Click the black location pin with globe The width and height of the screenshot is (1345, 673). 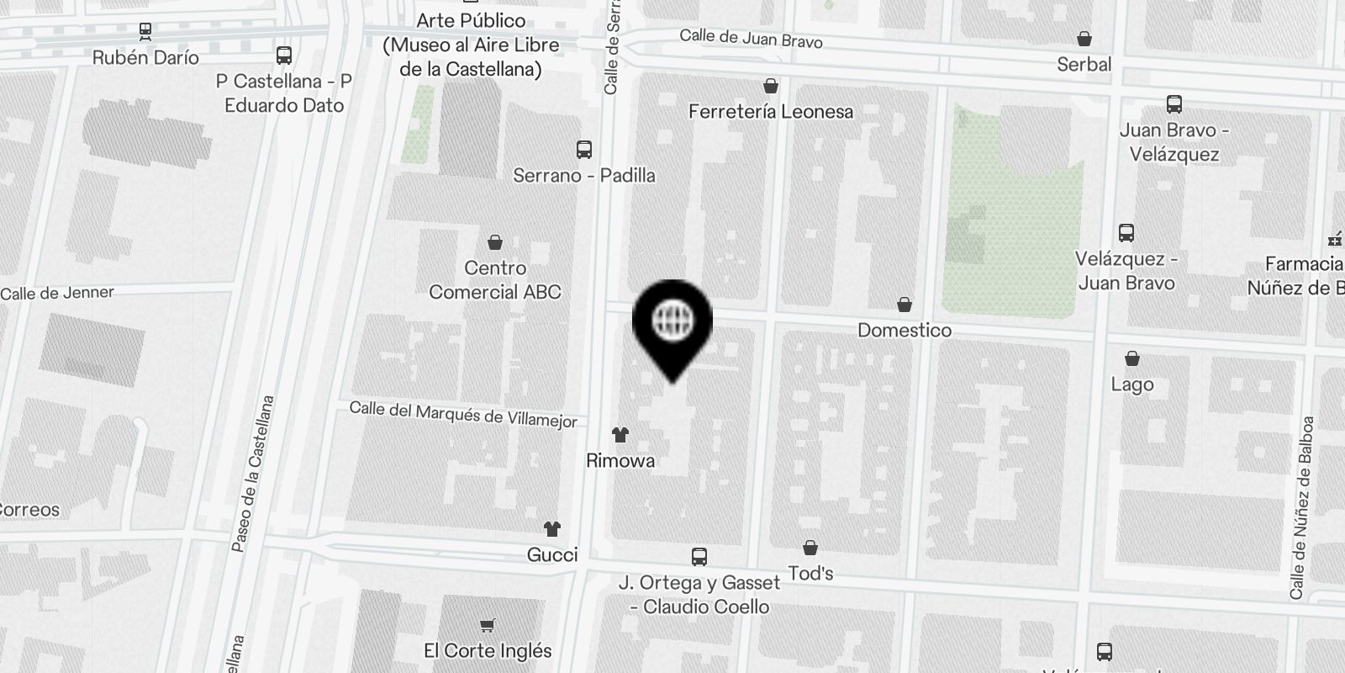[x=672, y=323]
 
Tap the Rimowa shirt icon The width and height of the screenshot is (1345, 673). [x=620, y=435]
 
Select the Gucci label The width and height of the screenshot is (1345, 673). [x=552, y=554]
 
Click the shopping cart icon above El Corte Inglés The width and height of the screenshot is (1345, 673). [x=488, y=625]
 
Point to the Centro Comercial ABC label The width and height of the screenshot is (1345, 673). [x=495, y=280]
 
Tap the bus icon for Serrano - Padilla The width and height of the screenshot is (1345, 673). [x=584, y=150]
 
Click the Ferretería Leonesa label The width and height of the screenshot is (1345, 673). [x=770, y=111]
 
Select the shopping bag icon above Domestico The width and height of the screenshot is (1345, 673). [x=905, y=305]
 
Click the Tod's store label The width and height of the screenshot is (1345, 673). [x=810, y=573]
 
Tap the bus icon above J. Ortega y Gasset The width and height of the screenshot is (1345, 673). [x=699, y=556]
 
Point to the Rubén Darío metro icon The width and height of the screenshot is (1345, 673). [x=146, y=31]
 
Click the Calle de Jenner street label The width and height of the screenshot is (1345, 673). [x=57, y=293]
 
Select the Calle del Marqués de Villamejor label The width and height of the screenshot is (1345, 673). [x=463, y=414]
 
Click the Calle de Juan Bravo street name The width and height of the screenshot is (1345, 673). [x=751, y=38]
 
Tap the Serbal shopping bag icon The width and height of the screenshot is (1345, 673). [x=1084, y=39]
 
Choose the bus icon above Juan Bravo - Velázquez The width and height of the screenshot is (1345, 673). [x=1174, y=104]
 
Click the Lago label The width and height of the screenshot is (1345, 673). [x=1132, y=384]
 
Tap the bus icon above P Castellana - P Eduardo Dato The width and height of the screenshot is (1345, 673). [x=284, y=56]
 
